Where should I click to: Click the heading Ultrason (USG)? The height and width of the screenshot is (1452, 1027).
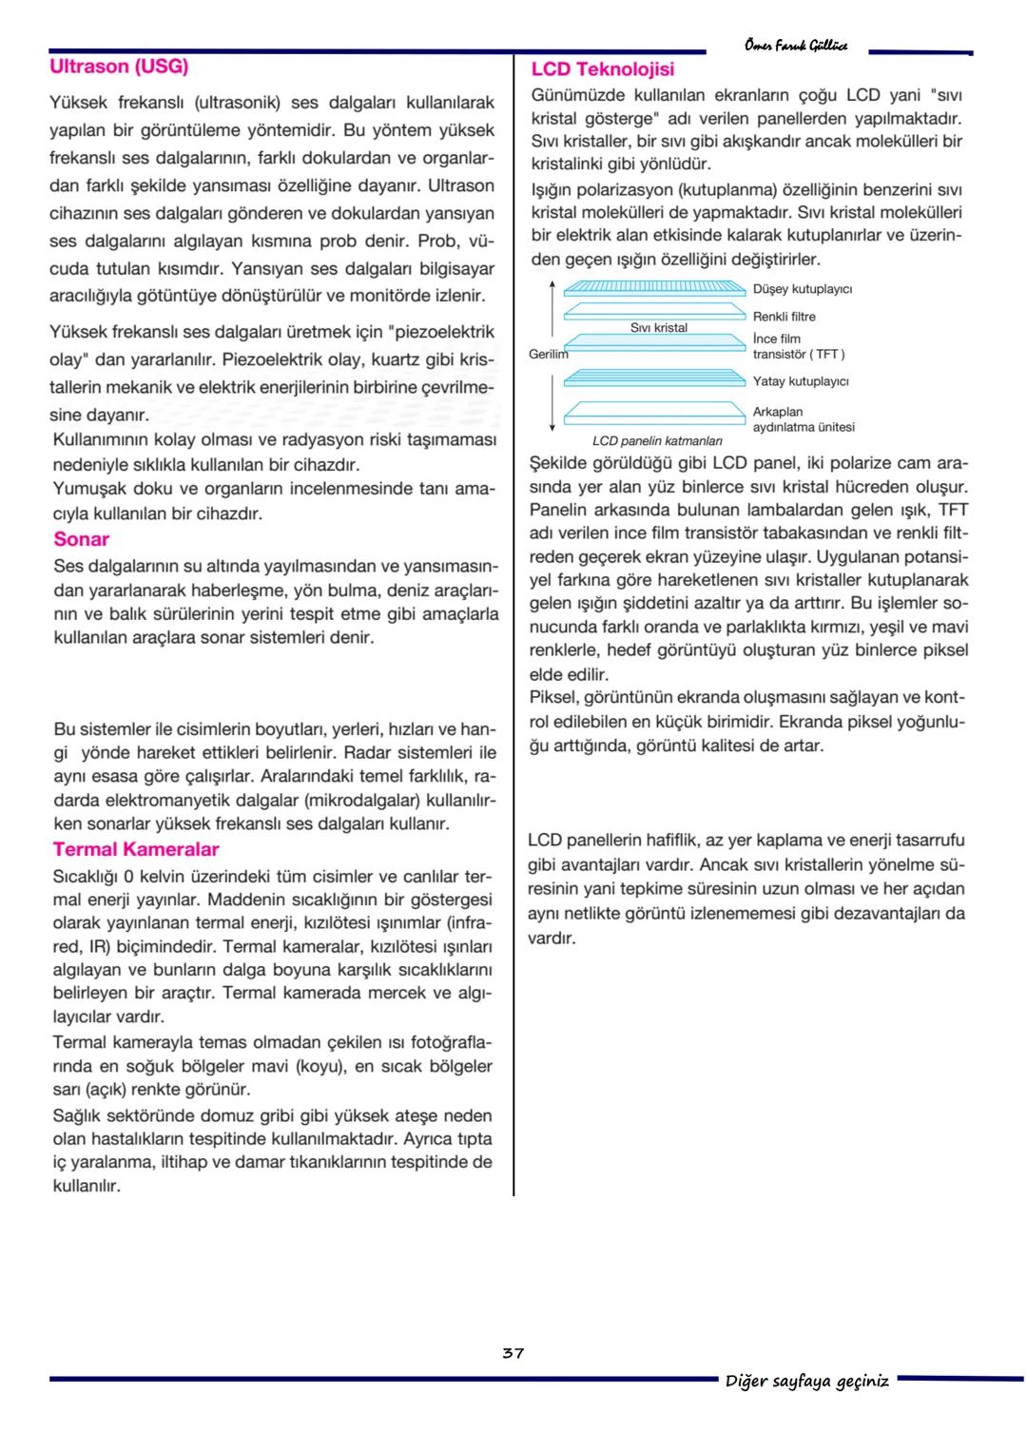[x=119, y=67]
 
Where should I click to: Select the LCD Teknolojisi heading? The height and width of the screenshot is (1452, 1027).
[x=603, y=69]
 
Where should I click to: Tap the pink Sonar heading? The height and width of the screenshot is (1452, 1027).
[x=82, y=539]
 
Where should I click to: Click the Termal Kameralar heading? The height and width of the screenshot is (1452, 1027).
[x=136, y=850]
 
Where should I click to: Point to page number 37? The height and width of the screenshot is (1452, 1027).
[x=513, y=1353]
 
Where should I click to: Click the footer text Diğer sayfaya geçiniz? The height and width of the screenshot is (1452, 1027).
[x=807, y=1381]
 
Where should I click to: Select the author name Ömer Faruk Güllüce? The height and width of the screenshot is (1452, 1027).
[x=796, y=46]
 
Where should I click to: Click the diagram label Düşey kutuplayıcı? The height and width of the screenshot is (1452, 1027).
[x=803, y=289]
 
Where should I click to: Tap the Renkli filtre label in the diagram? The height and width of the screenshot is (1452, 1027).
[x=785, y=317]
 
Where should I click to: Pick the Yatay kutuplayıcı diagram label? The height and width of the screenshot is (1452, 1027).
[x=801, y=381]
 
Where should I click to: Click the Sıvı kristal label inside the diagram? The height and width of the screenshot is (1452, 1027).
[x=659, y=328]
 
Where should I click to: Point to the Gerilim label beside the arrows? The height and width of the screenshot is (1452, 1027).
[x=548, y=354]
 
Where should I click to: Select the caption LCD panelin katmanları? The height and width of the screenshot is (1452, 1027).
[x=657, y=441]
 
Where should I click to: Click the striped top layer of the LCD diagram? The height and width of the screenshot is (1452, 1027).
[x=654, y=287]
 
